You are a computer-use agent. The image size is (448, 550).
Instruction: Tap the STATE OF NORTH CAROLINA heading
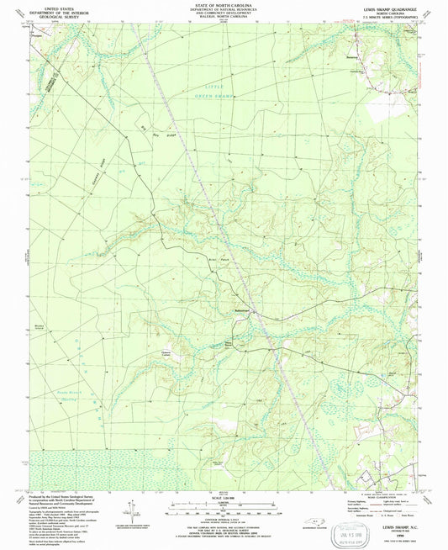(x=222, y=5)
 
